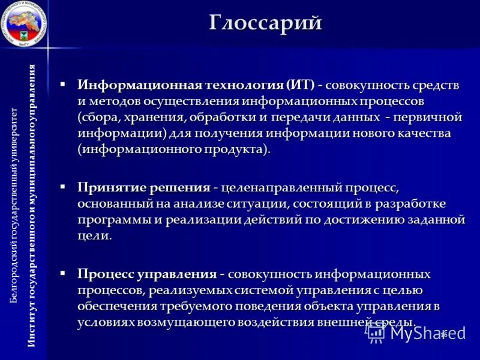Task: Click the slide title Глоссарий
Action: pyautogui.click(x=266, y=22)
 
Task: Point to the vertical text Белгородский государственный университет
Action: pyautogui.click(x=14, y=204)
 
